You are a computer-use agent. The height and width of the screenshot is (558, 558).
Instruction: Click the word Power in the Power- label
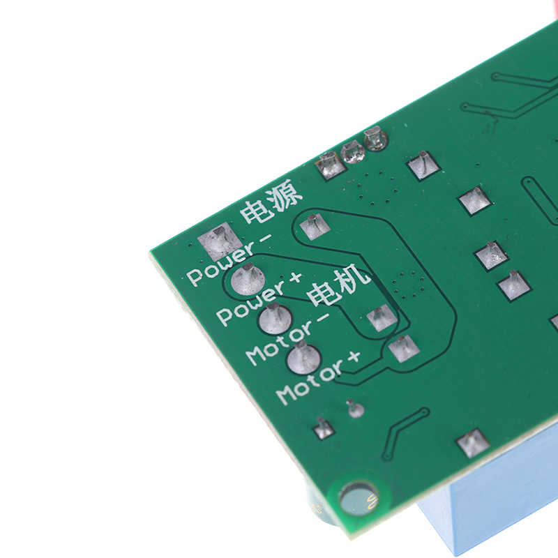click(x=221, y=264)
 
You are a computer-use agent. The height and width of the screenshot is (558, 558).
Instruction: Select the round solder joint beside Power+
click(x=248, y=280)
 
